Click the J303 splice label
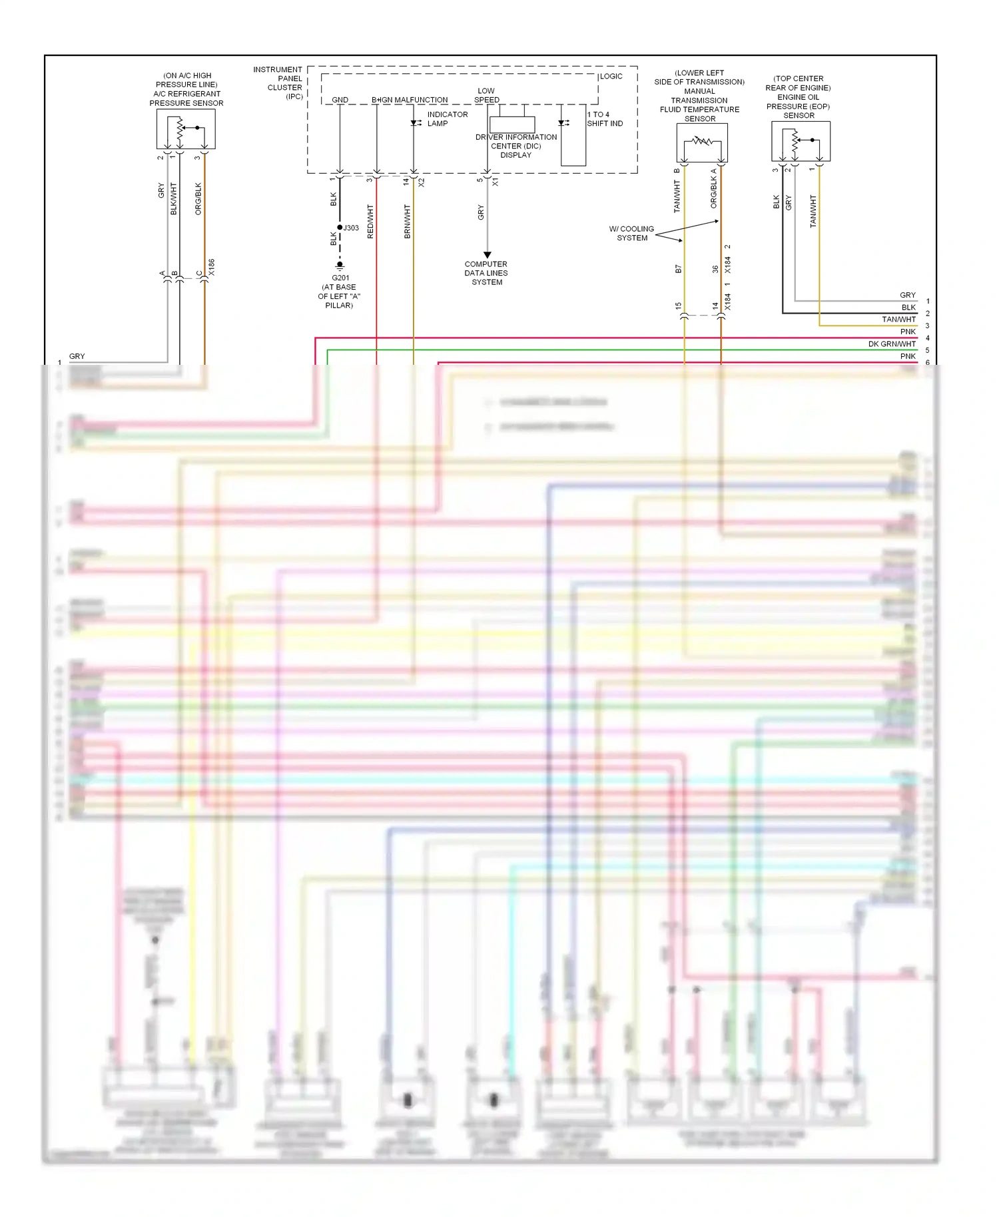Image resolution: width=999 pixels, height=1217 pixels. click(x=351, y=228)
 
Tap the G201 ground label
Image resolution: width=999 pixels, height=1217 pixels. click(x=340, y=278)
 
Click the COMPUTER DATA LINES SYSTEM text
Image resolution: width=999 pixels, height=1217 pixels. click(x=486, y=273)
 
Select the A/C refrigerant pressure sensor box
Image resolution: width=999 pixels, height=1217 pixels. click(x=186, y=129)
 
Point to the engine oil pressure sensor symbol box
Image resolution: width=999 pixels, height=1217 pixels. click(x=801, y=141)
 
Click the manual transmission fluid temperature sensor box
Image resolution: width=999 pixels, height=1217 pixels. click(x=702, y=142)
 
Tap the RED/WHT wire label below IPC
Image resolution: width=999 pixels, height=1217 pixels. click(x=370, y=222)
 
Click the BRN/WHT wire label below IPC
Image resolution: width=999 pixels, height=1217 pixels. click(x=408, y=222)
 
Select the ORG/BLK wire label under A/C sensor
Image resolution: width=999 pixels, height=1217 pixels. click(x=198, y=198)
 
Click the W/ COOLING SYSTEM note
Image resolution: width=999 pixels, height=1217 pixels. click(x=631, y=233)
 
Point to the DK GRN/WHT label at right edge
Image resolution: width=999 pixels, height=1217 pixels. click(x=892, y=344)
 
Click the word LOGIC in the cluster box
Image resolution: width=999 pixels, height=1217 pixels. click(x=611, y=77)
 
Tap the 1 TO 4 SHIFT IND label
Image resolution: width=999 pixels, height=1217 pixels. click(x=604, y=119)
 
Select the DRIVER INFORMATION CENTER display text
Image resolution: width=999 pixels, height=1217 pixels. click(x=516, y=146)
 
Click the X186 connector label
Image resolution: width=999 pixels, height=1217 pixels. click(x=212, y=268)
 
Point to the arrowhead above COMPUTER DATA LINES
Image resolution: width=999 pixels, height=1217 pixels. click(x=487, y=255)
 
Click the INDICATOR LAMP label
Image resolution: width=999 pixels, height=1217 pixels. click(x=447, y=119)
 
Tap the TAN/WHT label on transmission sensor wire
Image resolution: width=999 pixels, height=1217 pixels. click(x=677, y=196)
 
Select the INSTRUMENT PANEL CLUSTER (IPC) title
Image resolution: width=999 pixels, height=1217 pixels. click(x=278, y=83)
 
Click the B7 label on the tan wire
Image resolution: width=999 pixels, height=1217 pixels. click(x=678, y=270)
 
